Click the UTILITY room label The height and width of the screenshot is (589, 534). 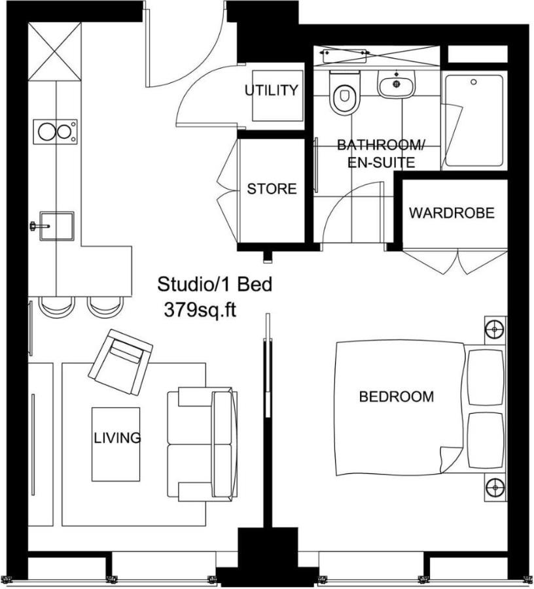tap(272, 90)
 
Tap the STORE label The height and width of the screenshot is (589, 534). tap(272, 189)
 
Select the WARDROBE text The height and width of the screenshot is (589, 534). tap(452, 213)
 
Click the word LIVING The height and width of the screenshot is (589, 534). tap(116, 437)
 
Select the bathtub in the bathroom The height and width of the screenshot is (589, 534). tap(474, 120)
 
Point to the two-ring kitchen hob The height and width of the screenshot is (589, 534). tap(55, 131)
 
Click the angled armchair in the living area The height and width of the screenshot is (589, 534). tap(120, 362)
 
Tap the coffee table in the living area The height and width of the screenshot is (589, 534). tap(116, 444)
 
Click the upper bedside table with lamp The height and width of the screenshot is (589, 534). tap(495, 329)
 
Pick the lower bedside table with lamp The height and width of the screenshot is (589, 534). tap(495, 488)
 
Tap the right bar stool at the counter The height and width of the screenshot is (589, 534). tap(105, 306)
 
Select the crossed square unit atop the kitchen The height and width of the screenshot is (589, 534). tap(55, 51)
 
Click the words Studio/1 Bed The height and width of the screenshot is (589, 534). tap(214, 285)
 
